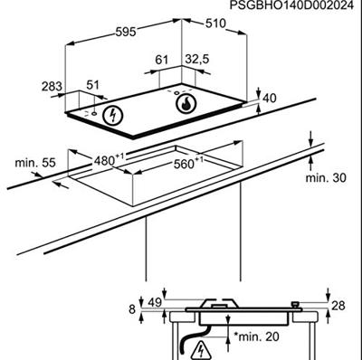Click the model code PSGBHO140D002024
pyautogui.click(x=291, y=5)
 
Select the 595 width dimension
pyautogui.click(x=126, y=32)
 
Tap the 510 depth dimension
pyautogui.click(x=215, y=24)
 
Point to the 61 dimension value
pyautogui.click(x=162, y=60)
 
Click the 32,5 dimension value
pyautogui.click(x=197, y=59)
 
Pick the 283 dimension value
pyautogui.click(x=52, y=87)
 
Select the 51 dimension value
pyautogui.click(x=92, y=85)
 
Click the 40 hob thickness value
pyautogui.click(x=270, y=98)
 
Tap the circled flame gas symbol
pyautogui.click(x=186, y=103)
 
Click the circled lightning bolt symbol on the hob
pyautogui.click(x=113, y=116)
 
